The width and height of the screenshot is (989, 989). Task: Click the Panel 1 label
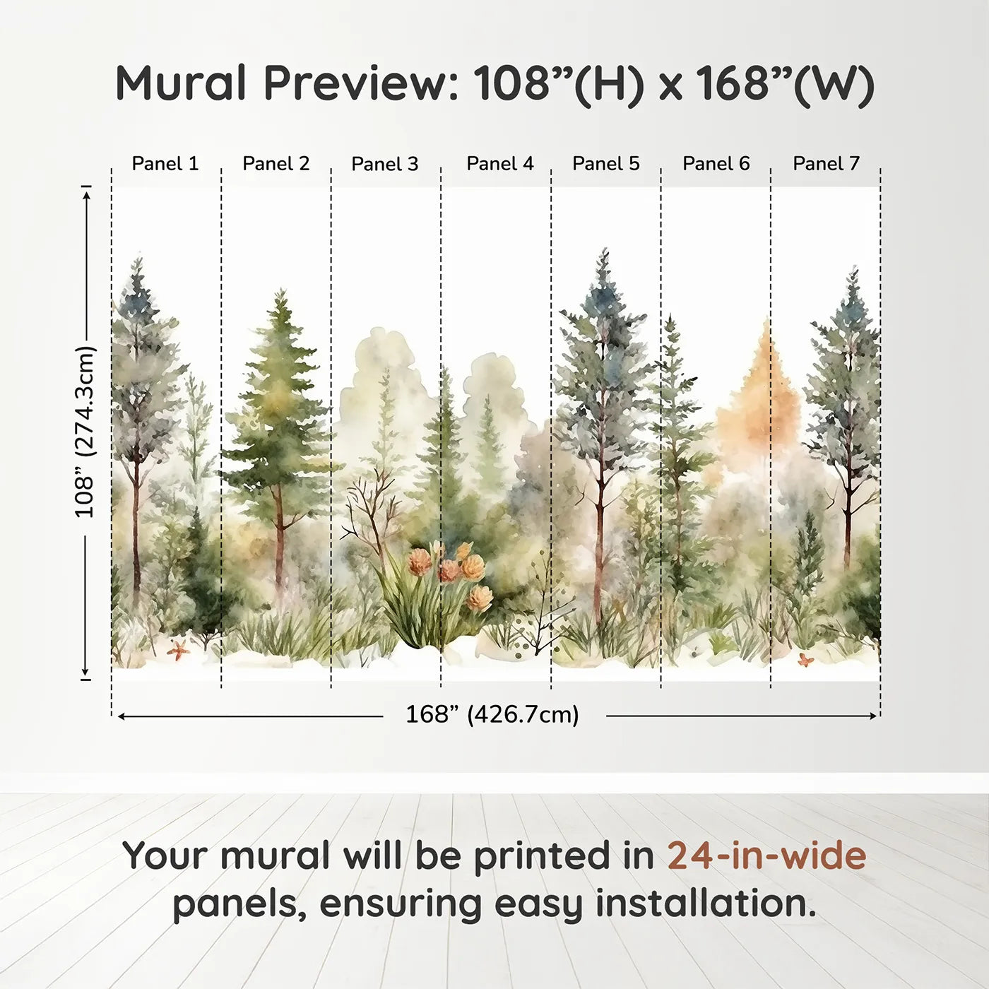click(165, 164)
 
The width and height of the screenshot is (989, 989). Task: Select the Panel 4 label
click(500, 164)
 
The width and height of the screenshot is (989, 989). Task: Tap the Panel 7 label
click(826, 164)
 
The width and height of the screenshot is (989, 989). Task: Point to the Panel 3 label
click(385, 164)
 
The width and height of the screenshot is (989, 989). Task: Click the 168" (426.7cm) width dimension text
click(492, 714)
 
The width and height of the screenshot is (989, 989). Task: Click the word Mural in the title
click(181, 83)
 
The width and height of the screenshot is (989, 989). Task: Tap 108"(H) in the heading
click(558, 83)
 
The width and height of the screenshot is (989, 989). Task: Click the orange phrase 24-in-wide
click(766, 855)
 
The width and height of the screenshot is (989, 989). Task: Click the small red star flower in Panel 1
click(177, 650)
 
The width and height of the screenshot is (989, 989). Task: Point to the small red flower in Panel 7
click(805, 660)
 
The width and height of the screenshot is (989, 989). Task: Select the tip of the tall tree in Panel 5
click(604, 253)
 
